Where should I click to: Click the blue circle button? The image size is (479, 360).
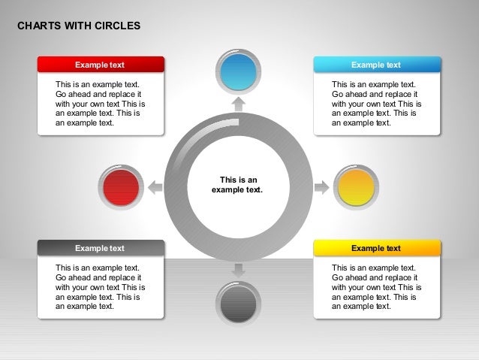click(x=238, y=71)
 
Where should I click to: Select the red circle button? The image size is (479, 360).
click(x=121, y=187)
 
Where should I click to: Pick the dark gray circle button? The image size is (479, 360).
click(x=238, y=304)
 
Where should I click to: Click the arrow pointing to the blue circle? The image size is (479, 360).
click(x=238, y=104)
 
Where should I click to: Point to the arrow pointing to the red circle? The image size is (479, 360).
click(x=155, y=187)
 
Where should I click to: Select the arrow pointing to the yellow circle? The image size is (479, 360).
click(x=321, y=187)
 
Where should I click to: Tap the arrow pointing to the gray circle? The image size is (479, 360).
click(x=238, y=270)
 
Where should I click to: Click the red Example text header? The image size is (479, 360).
click(x=101, y=65)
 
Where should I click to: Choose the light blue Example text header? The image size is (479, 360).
click(x=376, y=65)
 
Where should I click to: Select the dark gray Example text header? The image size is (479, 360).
click(x=101, y=248)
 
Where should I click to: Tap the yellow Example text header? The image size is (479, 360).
click(x=376, y=248)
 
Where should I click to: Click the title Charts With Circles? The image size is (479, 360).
click(x=78, y=26)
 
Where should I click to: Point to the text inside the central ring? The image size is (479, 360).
click(x=238, y=185)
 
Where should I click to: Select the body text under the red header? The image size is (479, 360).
click(x=100, y=104)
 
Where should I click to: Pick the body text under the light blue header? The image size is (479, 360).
click(x=376, y=104)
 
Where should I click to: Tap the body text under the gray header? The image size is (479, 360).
click(x=100, y=286)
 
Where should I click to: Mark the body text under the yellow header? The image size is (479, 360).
click(x=376, y=286)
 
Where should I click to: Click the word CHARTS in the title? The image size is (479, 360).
click(x=39, y=26)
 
